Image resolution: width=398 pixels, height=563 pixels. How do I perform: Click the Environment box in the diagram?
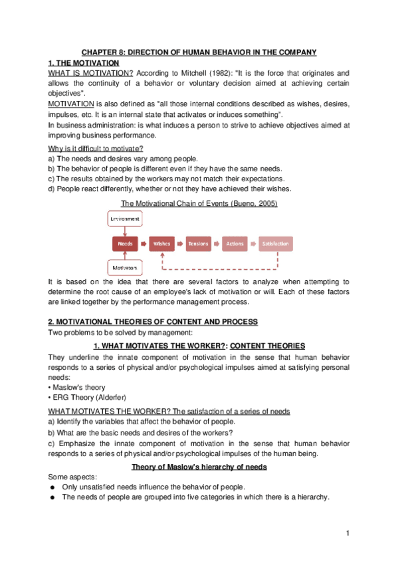pyautogui.click(x=125, y=218)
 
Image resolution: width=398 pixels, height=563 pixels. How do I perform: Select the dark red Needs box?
pyautogui.click(x=125, y=244)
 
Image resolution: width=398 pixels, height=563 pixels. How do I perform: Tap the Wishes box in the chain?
pyautogui.click(x=162, y=244)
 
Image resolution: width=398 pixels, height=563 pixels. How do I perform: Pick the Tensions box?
pyautogui.click(x=198, y=244)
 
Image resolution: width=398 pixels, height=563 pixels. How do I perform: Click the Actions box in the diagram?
pyautogui.click(x=235, y=244)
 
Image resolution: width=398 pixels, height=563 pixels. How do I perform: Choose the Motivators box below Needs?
pyautogui.click(x=125, y=269)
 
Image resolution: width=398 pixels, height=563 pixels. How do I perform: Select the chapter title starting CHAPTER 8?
pyautogui.click(x=199, y=52)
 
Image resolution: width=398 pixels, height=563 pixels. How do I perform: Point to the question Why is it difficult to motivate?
pyautogui.click(x=96, y=149)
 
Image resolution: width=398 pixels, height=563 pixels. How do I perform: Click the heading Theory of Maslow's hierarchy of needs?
pyautogui.click(x=199, y=467)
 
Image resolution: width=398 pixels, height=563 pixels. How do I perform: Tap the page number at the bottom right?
pyautogui.click(x=348, y=534)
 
